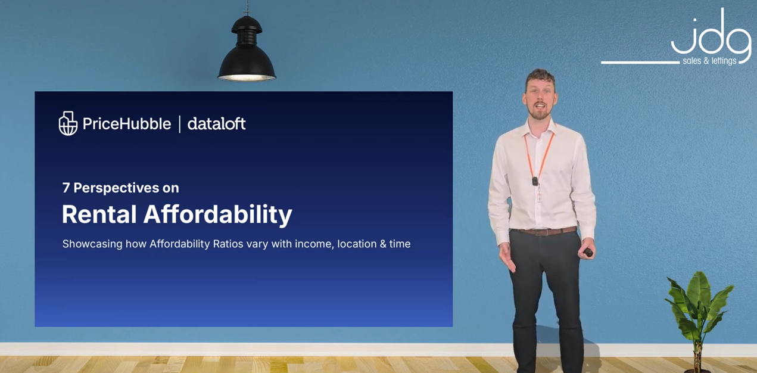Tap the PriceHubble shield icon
coord(68,123)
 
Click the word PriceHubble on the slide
coord(127,124)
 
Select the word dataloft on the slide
coord(217,124)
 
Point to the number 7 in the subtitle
coord(66,188)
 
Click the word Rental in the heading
coord(99,214)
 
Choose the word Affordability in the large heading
coord(218,215)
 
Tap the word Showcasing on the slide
coord(92,244)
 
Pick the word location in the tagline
coord(357,244)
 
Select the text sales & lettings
coord(710,61)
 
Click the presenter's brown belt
coord(547,232)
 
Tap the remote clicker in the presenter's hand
coord(588,252)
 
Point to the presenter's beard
coord(540,113)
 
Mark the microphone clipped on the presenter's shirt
coord(535,181)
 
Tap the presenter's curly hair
coord(540,77)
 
